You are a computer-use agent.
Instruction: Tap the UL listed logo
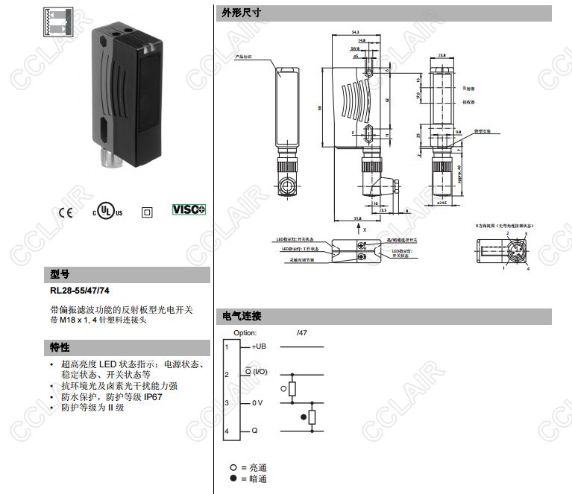pyautogui.click(x=107, y=211)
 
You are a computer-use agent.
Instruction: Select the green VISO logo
pyautogui.click(x=189, y=209)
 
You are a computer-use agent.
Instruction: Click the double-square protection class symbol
pyautogui.click(x=147, y=212)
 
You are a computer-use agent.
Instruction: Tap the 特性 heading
pyautogui.click(x=60, y=347)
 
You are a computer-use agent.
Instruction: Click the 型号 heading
pyautogui.click(x=60, y=273)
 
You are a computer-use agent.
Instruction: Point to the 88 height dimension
pyautogui.click(x=320, y=107)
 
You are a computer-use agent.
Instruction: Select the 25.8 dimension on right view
pyautogui.click(x=442, y=55)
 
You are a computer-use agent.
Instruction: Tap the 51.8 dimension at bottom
pyautogui.click(x=357, y=218)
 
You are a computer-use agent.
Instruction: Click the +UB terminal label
pyautogui.click(x=258, y=346)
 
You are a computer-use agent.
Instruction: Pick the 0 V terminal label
pyautogui.click(x=257, y=403)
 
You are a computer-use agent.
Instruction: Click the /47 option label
pyautogui.click(x=301, y=333)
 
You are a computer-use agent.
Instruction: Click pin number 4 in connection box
pyautogui.click(x=227, y=432)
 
